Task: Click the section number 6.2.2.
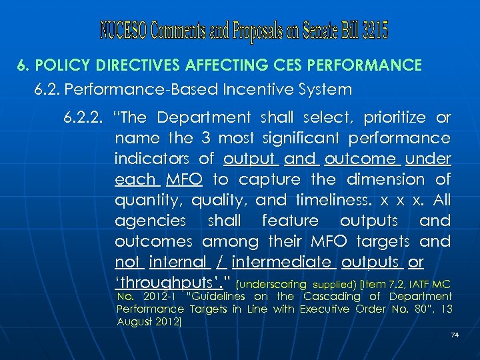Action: click(x=83, y=118)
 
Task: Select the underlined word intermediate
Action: click(x=290, y=262)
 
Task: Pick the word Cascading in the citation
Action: click(x=329, y=297)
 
